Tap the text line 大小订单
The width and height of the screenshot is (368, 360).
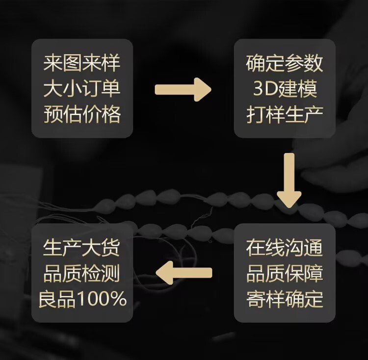(x=82, y=89)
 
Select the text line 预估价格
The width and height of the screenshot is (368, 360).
(x=82, y=115)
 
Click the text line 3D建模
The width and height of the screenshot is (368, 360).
(x=285, y=89)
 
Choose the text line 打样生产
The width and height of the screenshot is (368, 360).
(x=285, y=115)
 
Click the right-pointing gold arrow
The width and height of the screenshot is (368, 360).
(x=183, y=89)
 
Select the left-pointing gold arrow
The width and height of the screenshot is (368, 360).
(x=184, y=272)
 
